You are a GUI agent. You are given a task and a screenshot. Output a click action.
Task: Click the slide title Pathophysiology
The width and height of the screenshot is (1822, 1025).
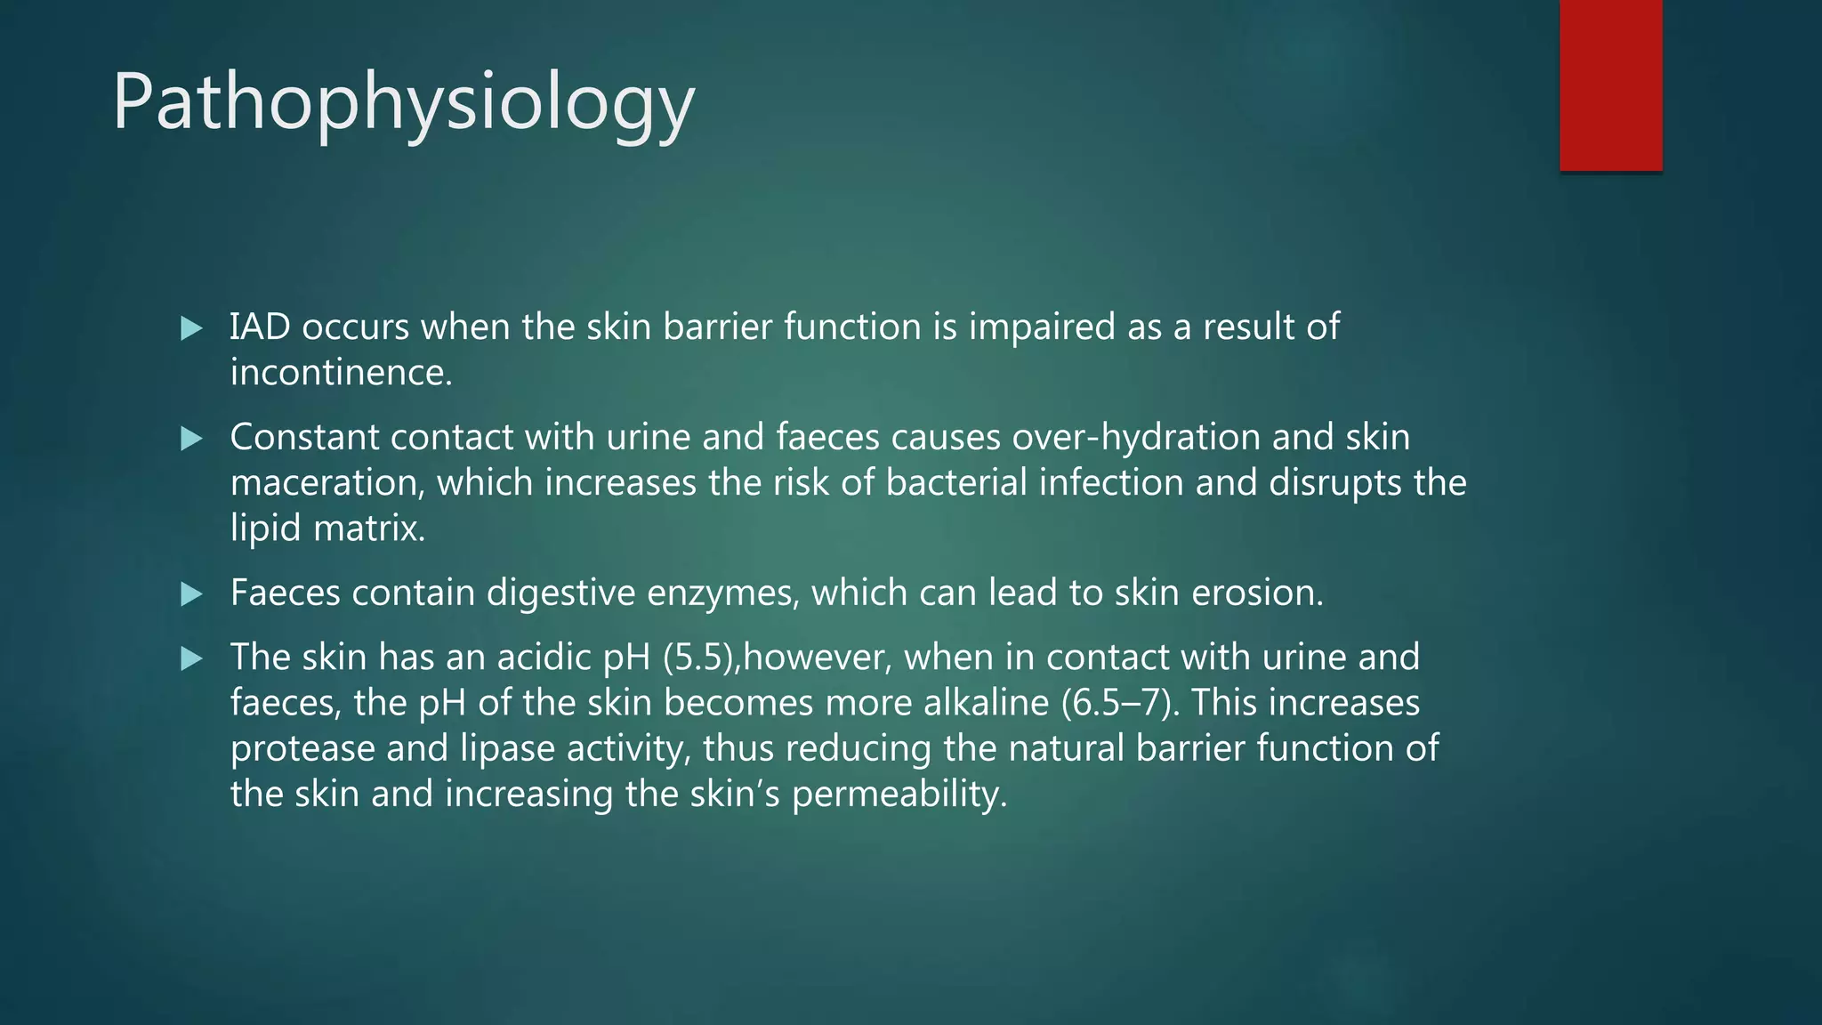403,103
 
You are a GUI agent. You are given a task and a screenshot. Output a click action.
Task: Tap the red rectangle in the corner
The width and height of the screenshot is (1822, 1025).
1610,85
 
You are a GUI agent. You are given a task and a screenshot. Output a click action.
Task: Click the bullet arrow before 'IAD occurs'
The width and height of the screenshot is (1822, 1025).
191,328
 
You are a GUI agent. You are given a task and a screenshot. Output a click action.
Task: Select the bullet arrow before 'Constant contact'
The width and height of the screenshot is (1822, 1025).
191,438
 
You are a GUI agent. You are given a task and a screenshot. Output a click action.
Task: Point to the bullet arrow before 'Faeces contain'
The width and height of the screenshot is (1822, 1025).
191,593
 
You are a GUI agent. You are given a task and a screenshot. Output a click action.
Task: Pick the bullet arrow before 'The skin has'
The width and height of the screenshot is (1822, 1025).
191,658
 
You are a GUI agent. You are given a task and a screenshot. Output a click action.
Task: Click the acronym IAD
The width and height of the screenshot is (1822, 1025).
260,327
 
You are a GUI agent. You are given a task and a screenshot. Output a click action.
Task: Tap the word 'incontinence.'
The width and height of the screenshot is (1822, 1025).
342,373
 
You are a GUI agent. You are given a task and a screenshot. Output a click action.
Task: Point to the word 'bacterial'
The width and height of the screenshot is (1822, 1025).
956,483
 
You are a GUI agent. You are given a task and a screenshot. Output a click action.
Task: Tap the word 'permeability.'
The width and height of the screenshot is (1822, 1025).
899,794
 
